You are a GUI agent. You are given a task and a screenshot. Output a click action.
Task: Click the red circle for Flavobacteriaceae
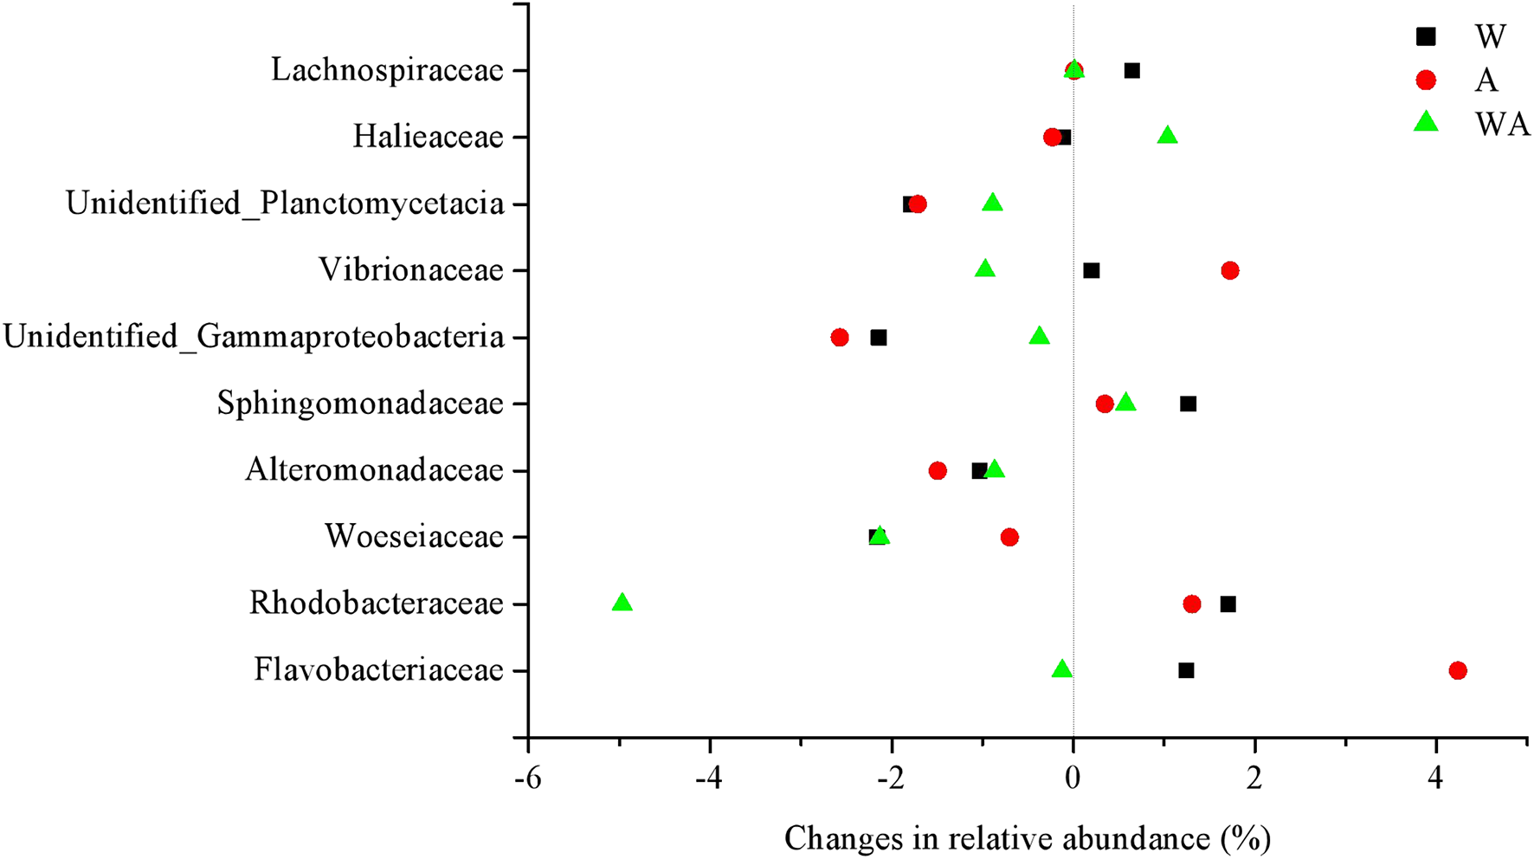[1458, 670]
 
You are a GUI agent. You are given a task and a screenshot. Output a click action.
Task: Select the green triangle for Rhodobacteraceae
[622, 603]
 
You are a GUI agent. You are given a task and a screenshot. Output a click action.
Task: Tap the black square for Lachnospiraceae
[1131, 71]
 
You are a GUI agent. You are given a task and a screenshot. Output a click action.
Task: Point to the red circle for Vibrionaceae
[1229, 271]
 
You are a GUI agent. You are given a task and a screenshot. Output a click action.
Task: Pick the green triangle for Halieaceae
[1167, 136]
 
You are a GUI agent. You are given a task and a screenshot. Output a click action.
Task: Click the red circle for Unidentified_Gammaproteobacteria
[839, 338]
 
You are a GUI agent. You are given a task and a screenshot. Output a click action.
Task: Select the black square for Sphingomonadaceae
[1189, 404]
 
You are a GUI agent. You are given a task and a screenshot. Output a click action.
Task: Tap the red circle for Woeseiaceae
[1009, 538]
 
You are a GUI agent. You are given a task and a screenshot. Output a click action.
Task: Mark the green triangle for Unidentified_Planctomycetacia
[992, 203]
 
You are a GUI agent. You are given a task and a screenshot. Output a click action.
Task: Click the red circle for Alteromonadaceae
[937, 471]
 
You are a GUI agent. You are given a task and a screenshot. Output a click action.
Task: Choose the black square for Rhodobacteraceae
[1228, 604]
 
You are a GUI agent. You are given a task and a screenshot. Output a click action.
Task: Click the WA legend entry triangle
[1425, 124]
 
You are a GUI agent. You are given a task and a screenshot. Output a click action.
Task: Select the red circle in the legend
[1425, 81]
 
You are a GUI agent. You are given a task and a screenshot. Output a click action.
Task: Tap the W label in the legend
[1491, 36]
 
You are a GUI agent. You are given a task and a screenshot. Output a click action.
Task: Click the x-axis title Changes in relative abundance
[1027, 838]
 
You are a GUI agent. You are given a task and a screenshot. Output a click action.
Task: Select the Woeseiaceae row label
[414, 537]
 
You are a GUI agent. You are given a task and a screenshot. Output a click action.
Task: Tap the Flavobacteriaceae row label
[378, 670]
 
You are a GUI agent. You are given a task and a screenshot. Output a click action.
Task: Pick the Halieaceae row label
[428, 137]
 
